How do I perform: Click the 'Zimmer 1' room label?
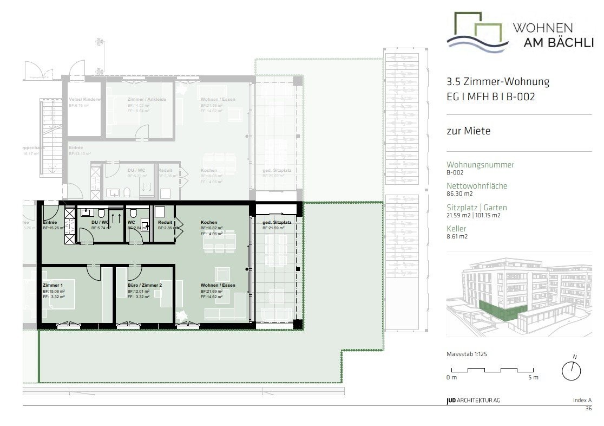52,285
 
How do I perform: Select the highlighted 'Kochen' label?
209,223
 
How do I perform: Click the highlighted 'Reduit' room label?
165,223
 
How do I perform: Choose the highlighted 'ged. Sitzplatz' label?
277,223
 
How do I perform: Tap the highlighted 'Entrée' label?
50,223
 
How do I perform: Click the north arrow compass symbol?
572,370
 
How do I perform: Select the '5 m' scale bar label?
533,377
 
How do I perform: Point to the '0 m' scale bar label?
451,377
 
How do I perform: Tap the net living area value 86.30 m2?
459,193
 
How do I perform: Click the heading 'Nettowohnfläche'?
477,185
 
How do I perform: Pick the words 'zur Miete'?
468,131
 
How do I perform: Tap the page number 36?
588,409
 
